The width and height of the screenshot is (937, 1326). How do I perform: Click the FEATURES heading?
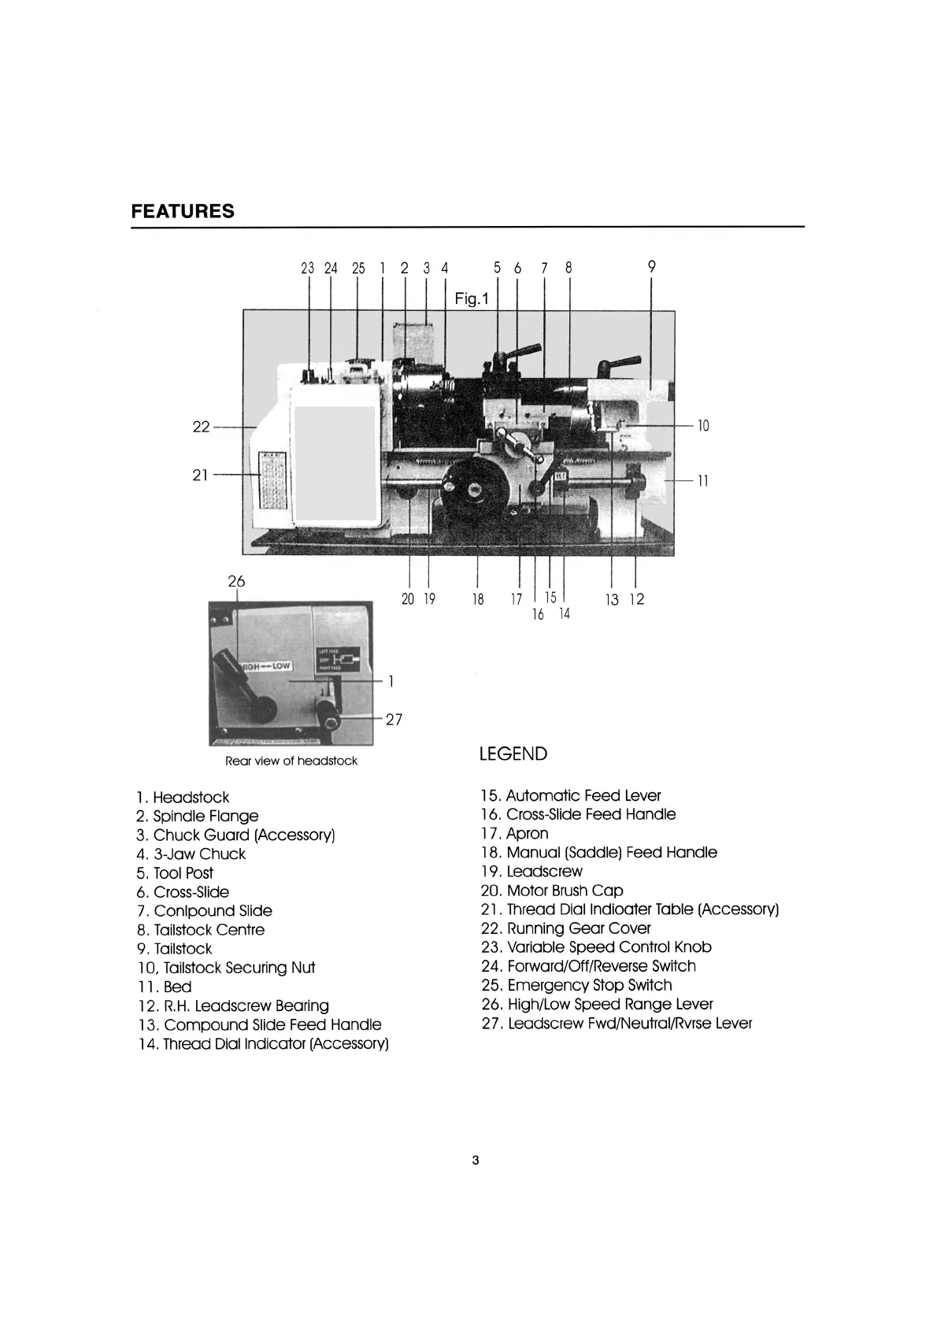182,211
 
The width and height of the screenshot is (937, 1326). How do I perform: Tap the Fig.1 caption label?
472,299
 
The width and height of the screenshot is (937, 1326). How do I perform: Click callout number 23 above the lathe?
308,268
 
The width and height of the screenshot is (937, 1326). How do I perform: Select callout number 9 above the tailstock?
651,266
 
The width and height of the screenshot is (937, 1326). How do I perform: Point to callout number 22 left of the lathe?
202,427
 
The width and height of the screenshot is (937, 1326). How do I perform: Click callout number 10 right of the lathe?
703,426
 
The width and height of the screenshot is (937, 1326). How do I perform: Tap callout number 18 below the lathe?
478,599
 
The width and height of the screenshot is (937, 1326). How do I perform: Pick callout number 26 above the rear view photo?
236,581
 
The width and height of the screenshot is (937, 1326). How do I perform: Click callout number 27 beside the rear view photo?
394,719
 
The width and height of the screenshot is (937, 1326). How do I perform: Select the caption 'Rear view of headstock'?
291,761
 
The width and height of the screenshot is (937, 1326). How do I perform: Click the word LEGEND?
513,754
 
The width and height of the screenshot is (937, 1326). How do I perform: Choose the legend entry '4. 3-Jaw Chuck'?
191,854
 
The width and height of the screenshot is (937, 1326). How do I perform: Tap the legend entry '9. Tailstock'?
174,949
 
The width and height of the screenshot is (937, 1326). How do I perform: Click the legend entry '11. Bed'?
164,987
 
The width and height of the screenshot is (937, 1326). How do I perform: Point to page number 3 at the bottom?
475,1160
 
